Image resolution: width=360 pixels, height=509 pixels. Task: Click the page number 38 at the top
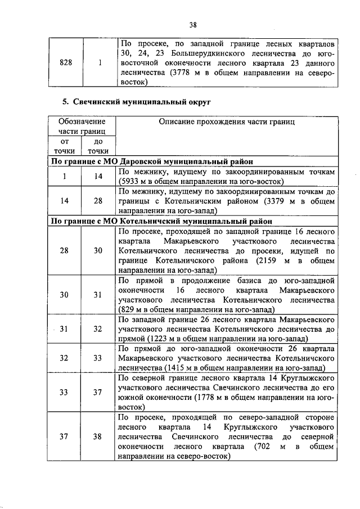tap(193, 25)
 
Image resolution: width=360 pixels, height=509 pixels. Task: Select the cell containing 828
tap(65, 64)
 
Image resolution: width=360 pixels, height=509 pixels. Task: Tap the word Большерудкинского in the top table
tap(208, 53)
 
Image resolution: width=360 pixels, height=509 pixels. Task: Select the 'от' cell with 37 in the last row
tap(65, 436)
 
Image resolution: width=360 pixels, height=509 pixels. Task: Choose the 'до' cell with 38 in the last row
tap(98, 436)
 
